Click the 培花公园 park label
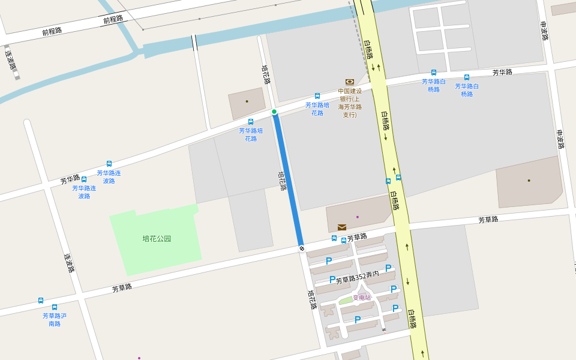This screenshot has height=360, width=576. point(157,239)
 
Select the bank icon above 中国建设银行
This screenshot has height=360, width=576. point(350,82)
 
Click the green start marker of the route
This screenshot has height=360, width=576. point(274,112)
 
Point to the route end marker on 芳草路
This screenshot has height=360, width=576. point(301,248)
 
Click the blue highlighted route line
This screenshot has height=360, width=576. point(288,180)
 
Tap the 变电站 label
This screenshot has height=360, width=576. point(362,298)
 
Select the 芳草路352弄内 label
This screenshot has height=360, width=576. point(357,278)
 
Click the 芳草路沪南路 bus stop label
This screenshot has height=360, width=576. point(55,320)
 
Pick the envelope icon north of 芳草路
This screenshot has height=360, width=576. point(341,227)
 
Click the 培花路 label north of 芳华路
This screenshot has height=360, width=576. point(266,74)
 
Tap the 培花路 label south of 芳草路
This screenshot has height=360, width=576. point(312,299)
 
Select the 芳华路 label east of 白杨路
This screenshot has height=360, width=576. point(502,73)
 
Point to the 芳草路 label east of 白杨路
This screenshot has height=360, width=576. point(488,220)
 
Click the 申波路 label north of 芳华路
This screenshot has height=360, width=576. point(544,31)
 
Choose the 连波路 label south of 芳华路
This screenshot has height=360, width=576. point(69,263)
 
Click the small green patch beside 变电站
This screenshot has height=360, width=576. point(346,300)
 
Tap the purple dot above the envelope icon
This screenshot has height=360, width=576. point(358,217)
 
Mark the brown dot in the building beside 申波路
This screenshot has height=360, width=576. point(529,180)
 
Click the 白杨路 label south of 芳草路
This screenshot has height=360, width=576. point(412,318)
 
